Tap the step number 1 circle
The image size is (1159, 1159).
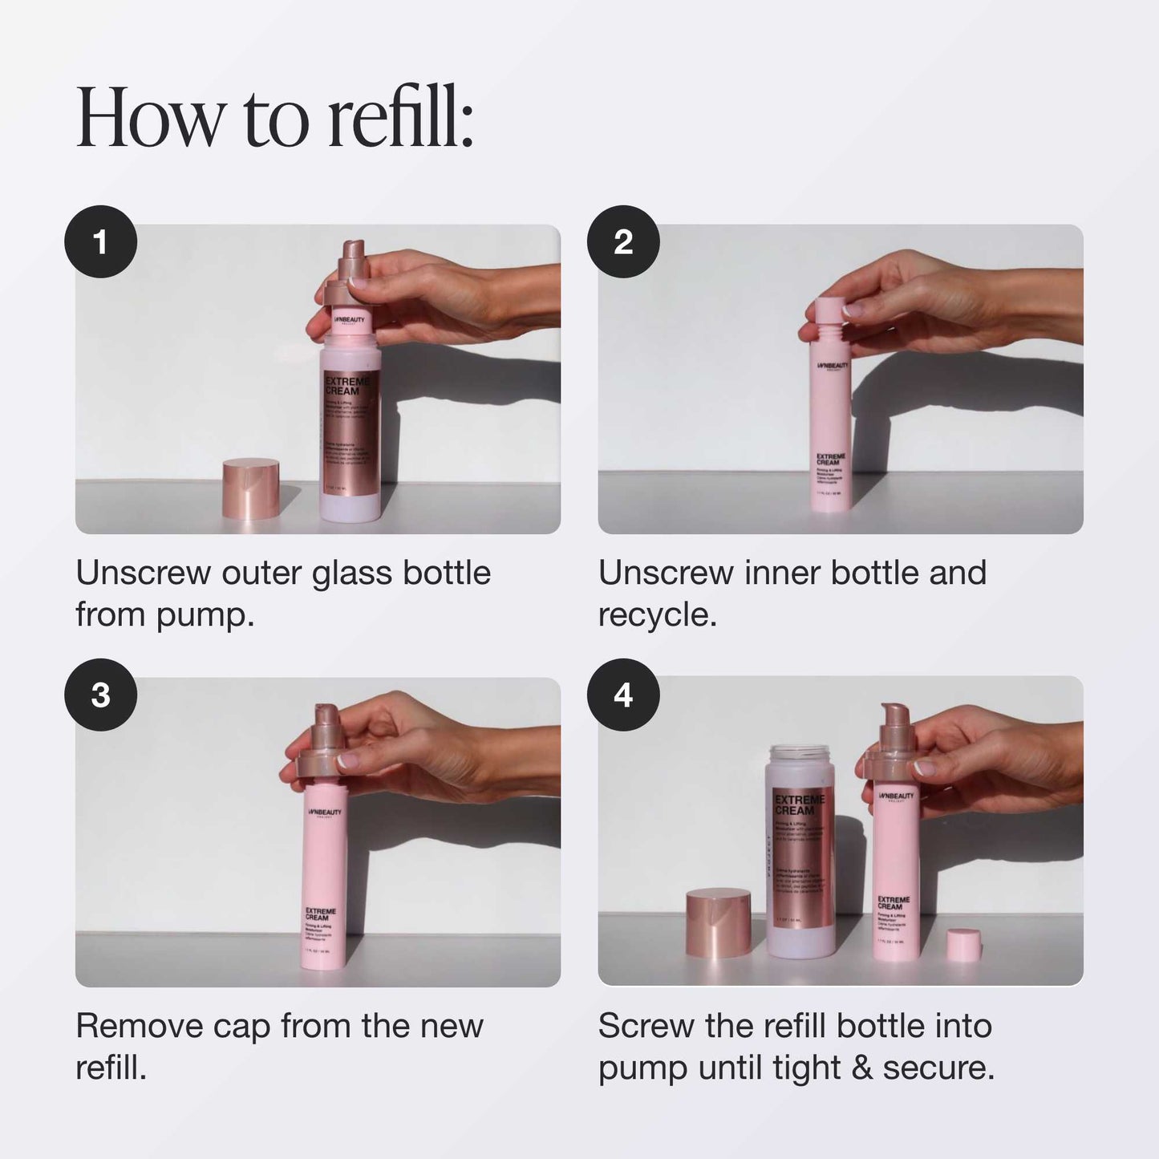tap(100, 241)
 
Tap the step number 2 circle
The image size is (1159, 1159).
tap(623, 241)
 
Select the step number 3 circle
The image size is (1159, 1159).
tap(100, 695)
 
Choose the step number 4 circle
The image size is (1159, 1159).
tap(623, 695)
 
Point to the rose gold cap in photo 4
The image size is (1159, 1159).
tap(718, 922)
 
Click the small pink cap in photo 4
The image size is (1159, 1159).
tap(963, 944)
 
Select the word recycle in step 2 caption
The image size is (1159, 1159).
tap(655, 615)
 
